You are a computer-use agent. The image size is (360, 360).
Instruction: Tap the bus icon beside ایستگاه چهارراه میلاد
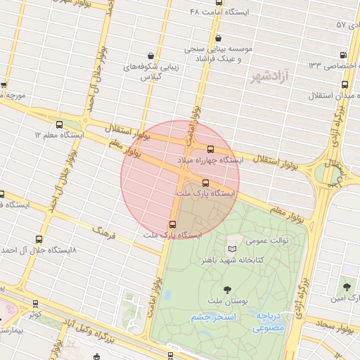coord(210,148)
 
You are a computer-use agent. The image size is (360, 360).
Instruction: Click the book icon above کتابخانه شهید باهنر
coord(233,249)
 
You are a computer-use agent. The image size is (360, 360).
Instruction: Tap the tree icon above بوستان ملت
coord(227,289)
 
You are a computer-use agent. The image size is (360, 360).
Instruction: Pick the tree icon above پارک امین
coord(346,286)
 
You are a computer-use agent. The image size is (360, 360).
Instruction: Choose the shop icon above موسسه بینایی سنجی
coord(219,39)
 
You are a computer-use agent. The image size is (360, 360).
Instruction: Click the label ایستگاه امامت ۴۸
coord(218,13)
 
